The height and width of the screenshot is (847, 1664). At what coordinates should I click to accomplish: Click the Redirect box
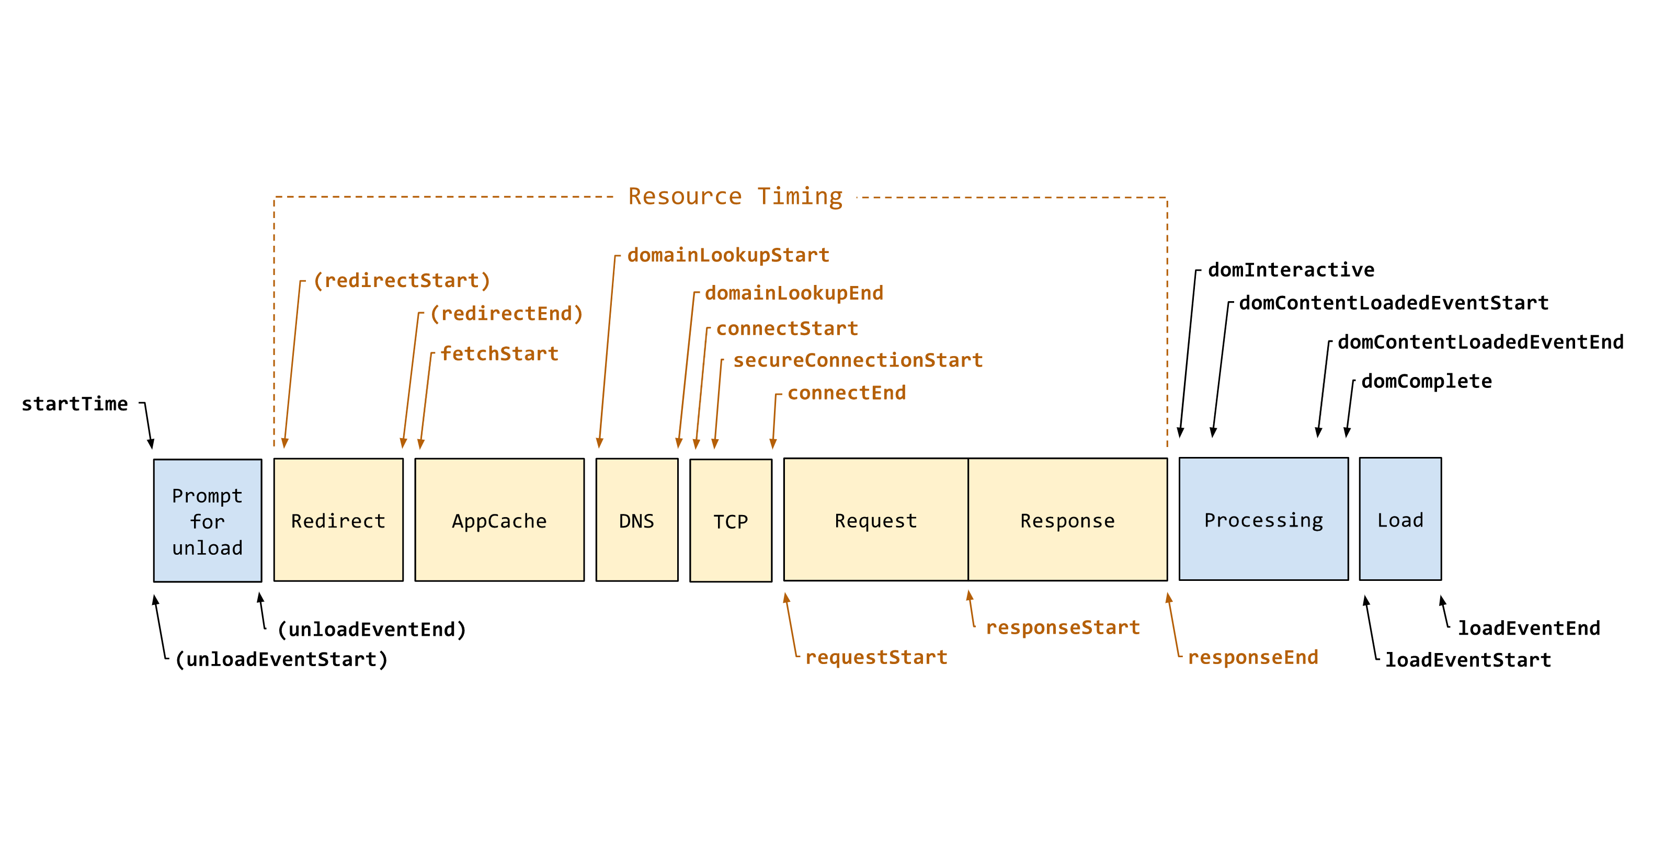coord(338,520)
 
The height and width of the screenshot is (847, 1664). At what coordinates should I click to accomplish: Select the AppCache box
coord(499,520)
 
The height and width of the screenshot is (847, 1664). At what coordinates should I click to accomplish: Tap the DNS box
coord(636,520)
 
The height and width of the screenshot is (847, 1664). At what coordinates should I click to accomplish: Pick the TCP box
coord(730,521)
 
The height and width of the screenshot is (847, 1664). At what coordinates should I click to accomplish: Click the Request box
coord(875,520)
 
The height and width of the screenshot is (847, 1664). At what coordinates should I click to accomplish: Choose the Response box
coord(1067,520)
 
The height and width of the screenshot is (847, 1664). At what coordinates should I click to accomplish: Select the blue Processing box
coord(1263,520)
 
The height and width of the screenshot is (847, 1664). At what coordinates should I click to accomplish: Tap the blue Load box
coord(1400,520)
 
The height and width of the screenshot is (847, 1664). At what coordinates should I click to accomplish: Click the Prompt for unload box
coord(208,521)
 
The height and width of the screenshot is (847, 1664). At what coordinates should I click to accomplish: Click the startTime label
coord(74,404)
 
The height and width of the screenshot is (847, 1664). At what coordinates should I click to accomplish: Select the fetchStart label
coord(499,353)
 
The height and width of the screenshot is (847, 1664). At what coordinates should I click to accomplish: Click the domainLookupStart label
coord(728,255)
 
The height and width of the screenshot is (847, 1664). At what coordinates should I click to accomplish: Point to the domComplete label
coord(1426,381)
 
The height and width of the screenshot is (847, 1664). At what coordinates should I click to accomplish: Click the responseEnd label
coord(1252,657)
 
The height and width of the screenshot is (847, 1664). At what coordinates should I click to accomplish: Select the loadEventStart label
coord(1467,660)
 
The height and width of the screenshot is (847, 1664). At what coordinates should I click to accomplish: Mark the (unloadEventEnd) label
coord(371,629)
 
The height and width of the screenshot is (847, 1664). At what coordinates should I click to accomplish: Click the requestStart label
coord(876,657)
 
